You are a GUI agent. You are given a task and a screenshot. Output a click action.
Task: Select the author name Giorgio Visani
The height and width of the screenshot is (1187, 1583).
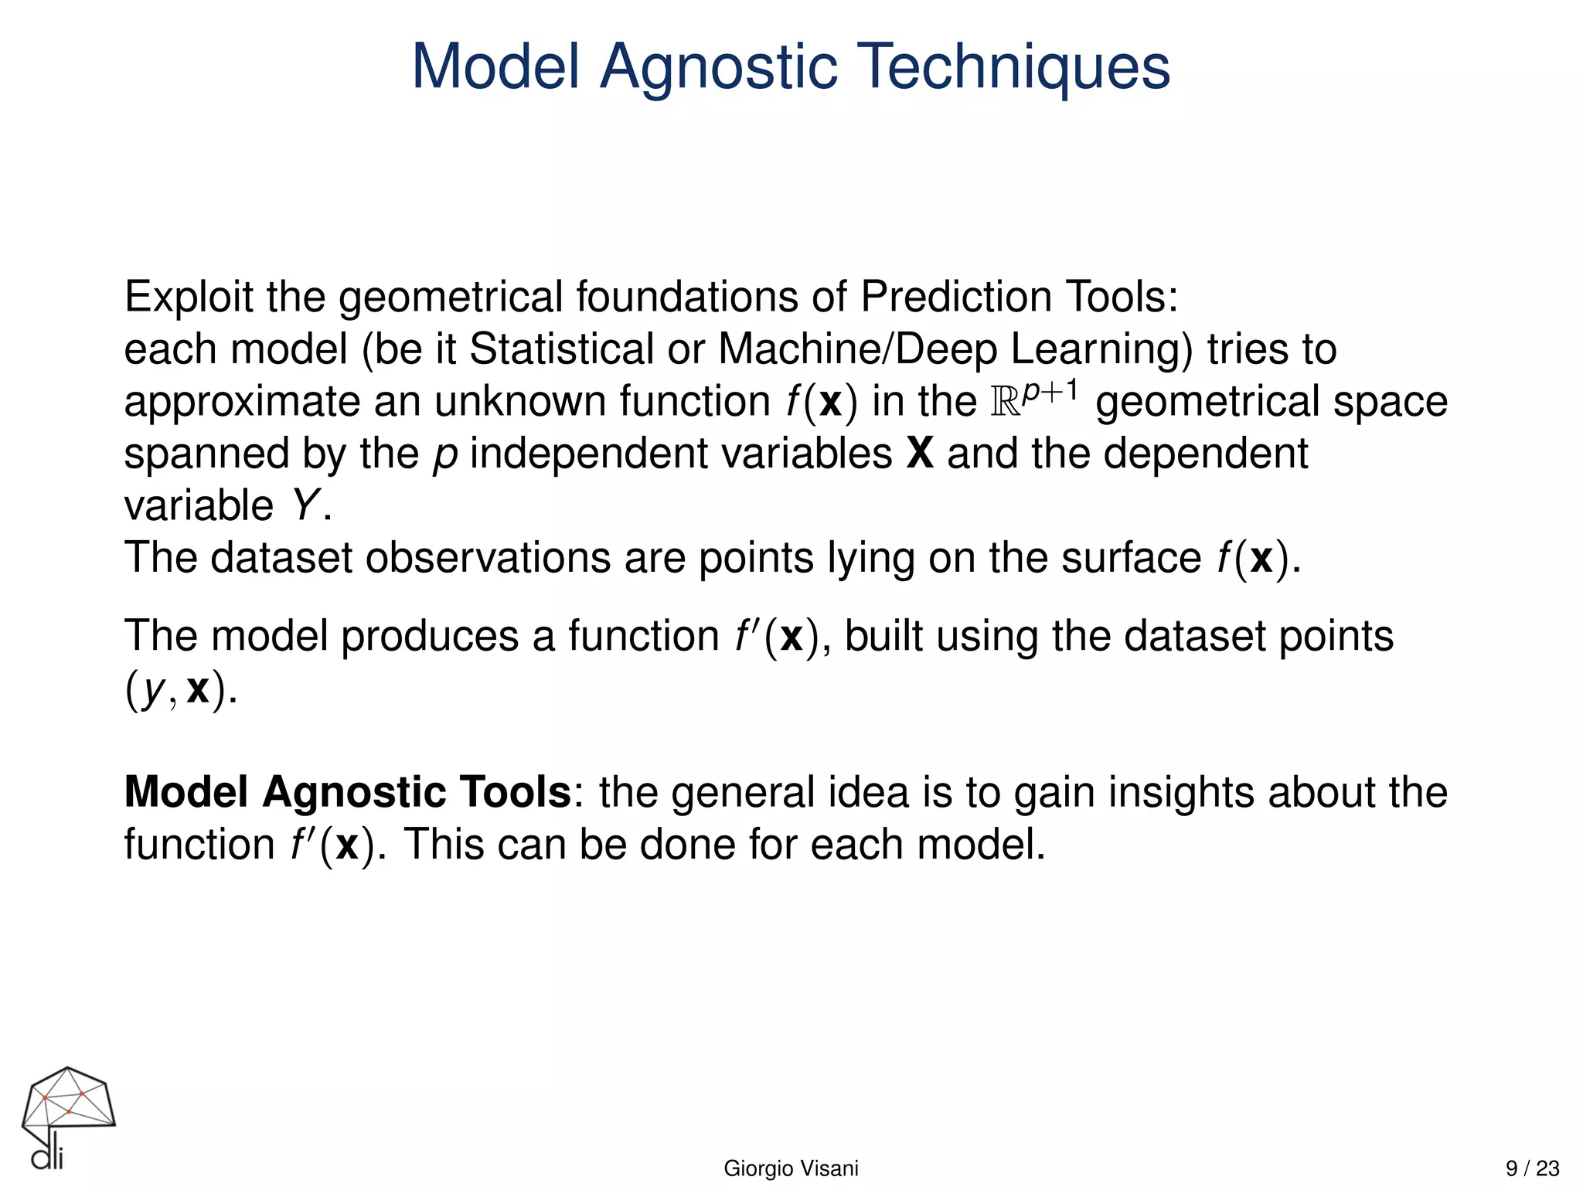click(791, 1168)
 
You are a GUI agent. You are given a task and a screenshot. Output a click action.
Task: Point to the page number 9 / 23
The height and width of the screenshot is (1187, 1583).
click(1532, 1168)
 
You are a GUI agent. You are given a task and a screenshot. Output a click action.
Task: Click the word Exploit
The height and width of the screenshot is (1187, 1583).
click(189, 298)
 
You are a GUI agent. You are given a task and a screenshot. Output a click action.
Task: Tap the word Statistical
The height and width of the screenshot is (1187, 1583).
click(561, 349)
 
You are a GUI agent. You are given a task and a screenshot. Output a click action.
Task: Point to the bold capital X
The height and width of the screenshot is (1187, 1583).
click(920, 454)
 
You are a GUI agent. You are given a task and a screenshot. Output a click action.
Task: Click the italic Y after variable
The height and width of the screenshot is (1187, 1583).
click(305, 506)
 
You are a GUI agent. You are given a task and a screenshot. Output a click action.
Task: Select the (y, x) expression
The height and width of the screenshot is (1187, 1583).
click(178, 689)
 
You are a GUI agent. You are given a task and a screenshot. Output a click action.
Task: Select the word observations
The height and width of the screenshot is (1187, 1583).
click(488, 558)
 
